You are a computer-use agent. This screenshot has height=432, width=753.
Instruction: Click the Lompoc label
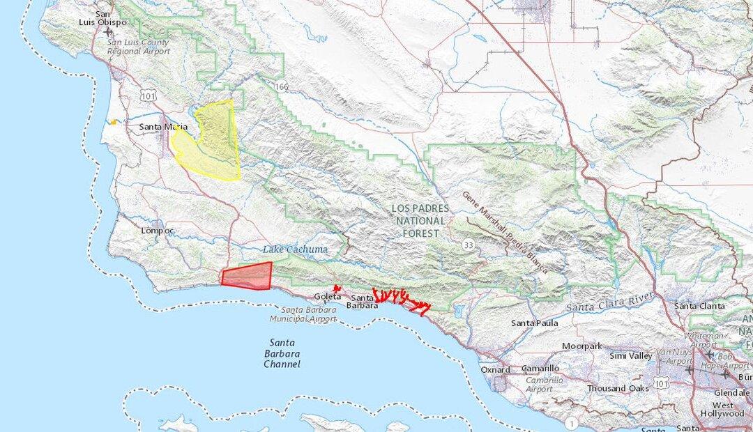pos(157,230)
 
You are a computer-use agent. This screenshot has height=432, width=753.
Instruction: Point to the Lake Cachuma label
pos(295,249)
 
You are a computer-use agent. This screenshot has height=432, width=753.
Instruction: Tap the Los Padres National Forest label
pos(416,221)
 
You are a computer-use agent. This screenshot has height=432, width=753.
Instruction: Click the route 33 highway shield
pos(468,245)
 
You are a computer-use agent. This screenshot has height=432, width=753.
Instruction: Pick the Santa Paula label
pos(534,323)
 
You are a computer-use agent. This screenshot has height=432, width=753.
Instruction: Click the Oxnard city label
pos(495,369)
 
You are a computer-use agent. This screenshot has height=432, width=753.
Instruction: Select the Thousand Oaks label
pos(618,388)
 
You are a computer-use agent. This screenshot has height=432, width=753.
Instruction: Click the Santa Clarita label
pos(699,306)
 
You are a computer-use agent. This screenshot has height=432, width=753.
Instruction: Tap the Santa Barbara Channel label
pos(283,353)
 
